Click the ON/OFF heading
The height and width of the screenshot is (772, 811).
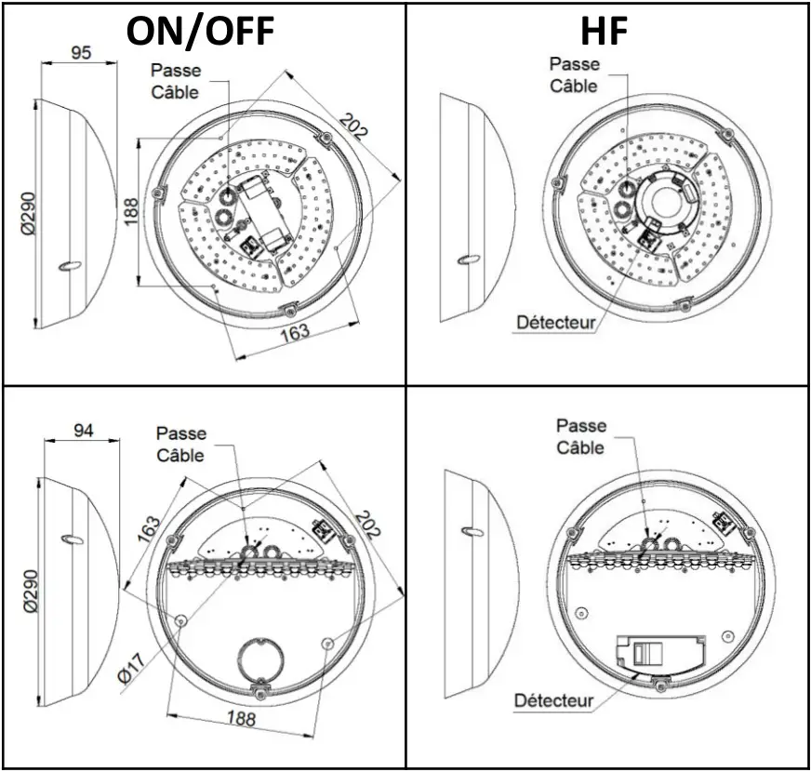click(x=202, y=31)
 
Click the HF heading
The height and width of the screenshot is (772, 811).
click(x=604, y=31)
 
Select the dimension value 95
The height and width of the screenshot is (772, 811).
click(x=82, y=53)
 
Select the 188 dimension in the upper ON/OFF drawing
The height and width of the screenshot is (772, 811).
click(x=130, y=210)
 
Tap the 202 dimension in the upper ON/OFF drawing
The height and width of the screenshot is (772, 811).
click(x=354, y=126)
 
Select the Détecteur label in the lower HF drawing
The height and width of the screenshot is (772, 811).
click(x=554, y=699)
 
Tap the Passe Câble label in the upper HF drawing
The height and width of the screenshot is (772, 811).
click(x=574, y=74)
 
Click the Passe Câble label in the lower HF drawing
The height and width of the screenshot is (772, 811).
click(x=581, y=436)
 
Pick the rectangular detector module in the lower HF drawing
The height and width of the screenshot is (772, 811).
click(x=660, y=652)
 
